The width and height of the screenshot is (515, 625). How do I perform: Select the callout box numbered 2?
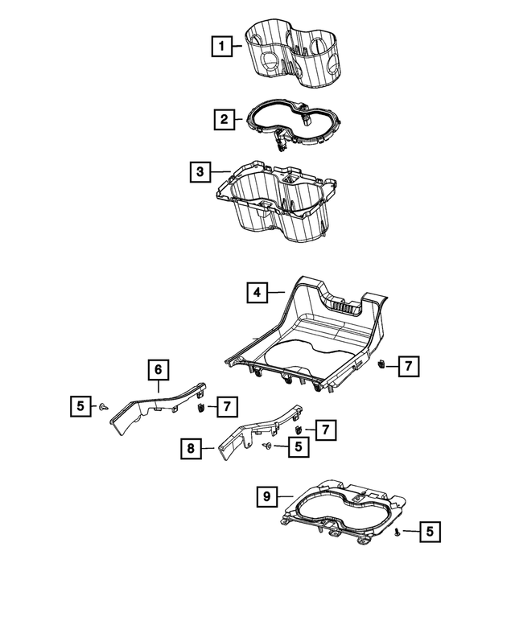[223, 121]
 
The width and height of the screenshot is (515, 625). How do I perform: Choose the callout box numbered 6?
[159, 369]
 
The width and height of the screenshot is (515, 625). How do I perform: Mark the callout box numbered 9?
[266, 496]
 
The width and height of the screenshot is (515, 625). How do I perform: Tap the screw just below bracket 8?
[268, 446]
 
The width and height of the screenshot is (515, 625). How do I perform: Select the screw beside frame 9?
[398, 532]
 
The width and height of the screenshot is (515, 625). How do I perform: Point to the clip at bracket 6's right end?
[199, 408]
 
